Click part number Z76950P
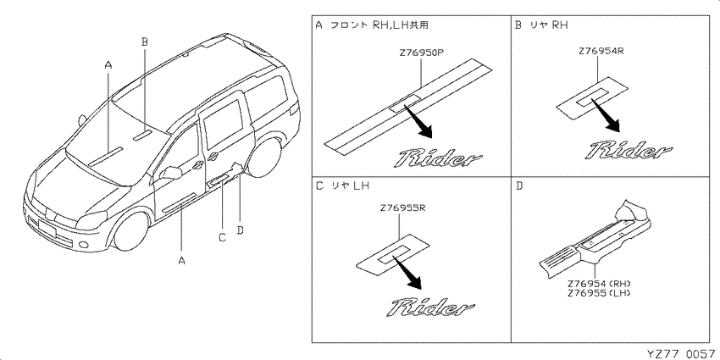[x=421, y=53]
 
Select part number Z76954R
[x=601, y=51]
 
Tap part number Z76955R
[x=402, y=208]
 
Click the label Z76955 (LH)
[x=599, y=293]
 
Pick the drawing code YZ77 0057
[x=680, y=353]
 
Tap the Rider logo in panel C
[x=433, y=307]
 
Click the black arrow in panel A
[x=418, y=121]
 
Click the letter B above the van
[x=144, y=42]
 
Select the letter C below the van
[x=222, y=237]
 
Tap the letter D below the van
[x=239, y=230]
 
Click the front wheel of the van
[x=130, y=230]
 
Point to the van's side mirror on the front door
[x=172, y=173]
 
